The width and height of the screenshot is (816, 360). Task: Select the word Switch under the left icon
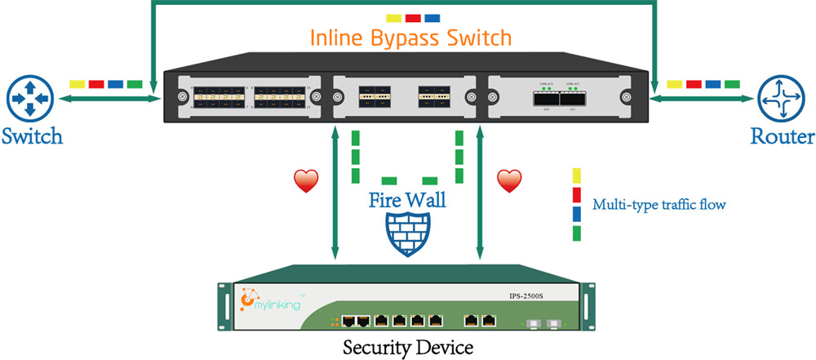click(x=32, y=136)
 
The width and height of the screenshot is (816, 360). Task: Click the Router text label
click(x=783, y=136)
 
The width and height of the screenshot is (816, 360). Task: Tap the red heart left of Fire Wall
click(x=306, y=181)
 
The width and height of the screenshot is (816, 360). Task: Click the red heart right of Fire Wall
click(x=509, y=181)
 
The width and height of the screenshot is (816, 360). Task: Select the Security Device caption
click(x=407, y=347)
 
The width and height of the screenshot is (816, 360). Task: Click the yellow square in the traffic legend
click(x=577, y=175)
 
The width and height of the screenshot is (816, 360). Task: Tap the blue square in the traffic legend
click(x=577, y=214)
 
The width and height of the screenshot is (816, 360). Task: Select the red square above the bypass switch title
click(x=413, y=17)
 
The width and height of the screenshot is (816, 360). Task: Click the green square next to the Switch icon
click(x=135, y=84)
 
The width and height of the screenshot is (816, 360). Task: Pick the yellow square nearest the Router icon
click(x=674, y=84)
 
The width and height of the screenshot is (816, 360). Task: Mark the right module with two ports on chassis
click(x=559, y=97)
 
